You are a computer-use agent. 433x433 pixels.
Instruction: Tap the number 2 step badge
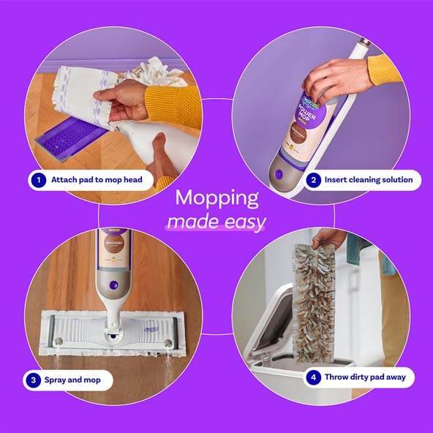point(314,179)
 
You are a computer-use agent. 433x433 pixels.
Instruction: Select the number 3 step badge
point(34,380)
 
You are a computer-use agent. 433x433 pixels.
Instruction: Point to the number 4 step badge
point(314,377)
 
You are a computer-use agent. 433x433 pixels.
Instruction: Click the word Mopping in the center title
point(217,198)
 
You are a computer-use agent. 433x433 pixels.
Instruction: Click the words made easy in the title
point(217,222)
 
